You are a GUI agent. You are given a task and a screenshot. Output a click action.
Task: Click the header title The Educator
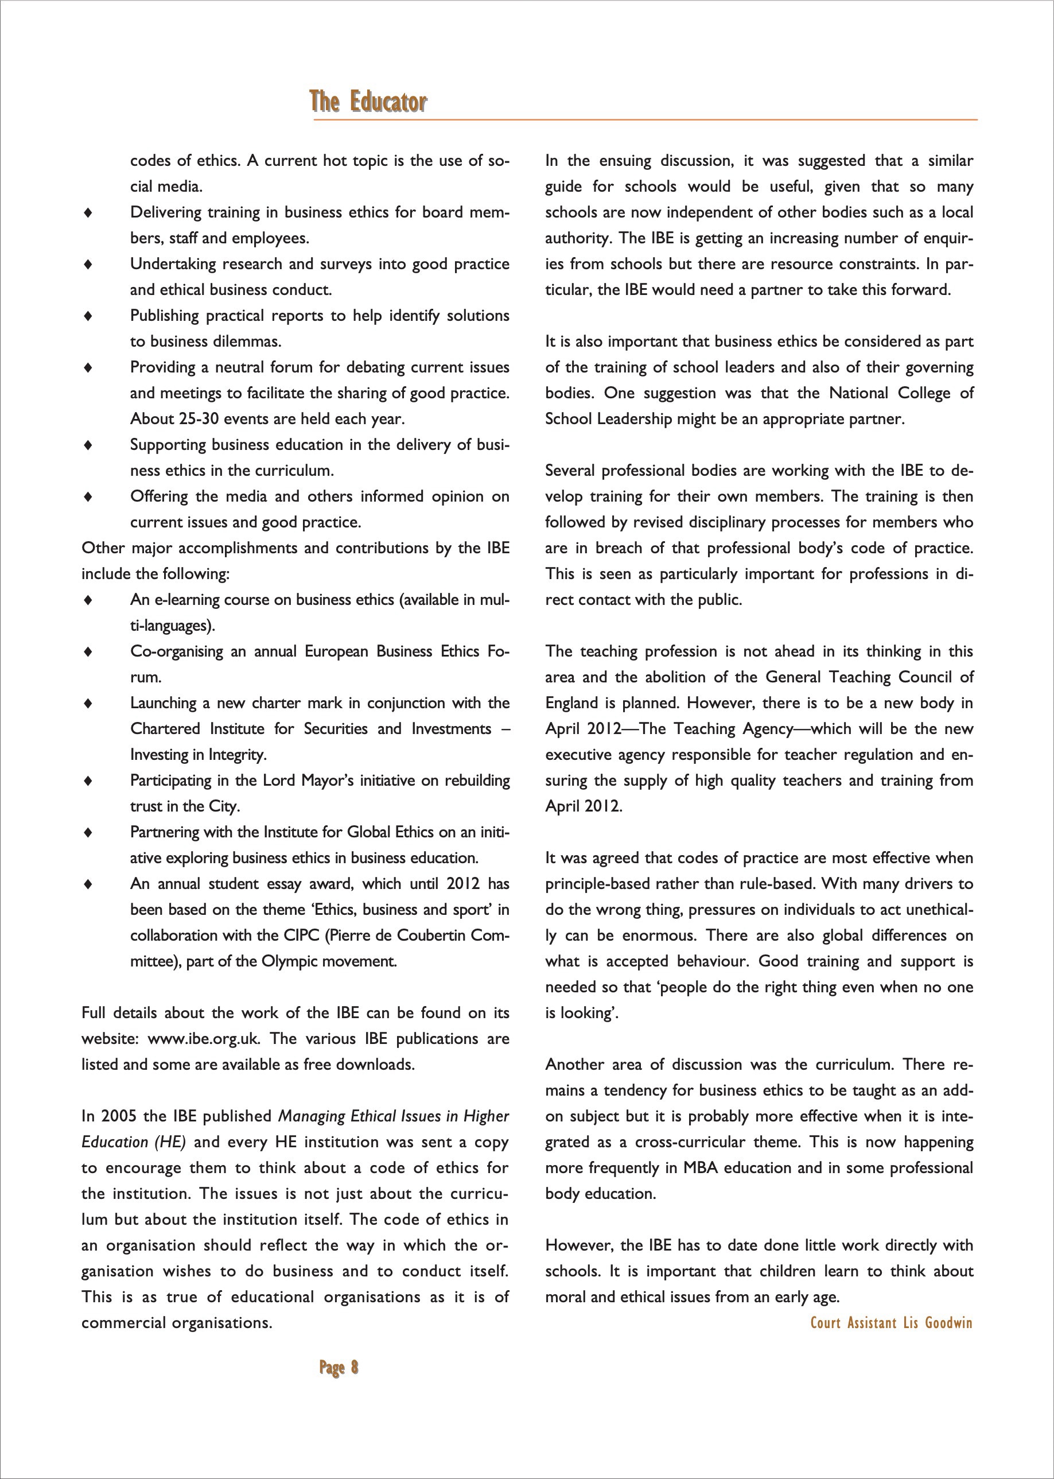coord(368,102)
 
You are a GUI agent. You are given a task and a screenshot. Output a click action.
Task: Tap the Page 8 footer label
coord(338,1367)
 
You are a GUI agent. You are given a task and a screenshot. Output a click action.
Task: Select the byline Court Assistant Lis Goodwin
coord(891,1322)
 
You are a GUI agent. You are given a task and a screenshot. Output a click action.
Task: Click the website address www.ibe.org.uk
coord(204,1038)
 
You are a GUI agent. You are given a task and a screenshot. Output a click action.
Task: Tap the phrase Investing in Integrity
coord(199,755)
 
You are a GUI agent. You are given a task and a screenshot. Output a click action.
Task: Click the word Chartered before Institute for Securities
coord(165,728)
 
